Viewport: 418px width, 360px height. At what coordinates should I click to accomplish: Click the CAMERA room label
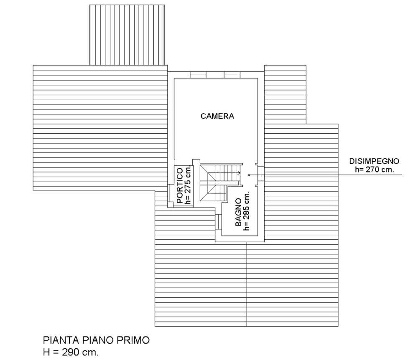tap(217, 117)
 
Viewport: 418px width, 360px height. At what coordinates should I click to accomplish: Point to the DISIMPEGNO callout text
tap(375, 161)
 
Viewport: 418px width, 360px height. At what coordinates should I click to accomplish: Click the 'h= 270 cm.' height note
tap(375, 170)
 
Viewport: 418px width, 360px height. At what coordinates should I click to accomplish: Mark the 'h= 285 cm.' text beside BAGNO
tap(247, 210)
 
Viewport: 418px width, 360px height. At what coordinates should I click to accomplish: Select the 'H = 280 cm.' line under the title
tap(71, 352)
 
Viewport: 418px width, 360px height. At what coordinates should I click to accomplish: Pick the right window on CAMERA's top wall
tap(232, 74)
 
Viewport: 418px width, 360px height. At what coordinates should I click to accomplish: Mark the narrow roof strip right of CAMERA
tap(285, 94)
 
